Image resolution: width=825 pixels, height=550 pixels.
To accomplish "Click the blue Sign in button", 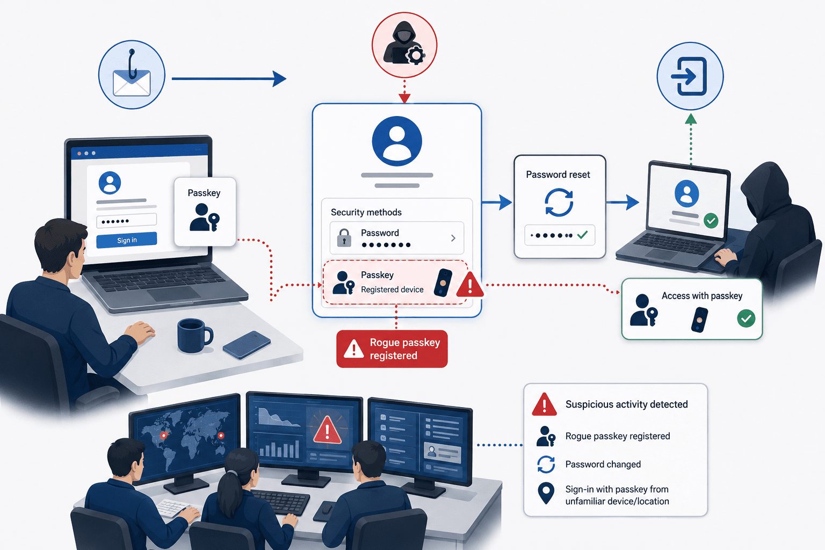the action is [x=127, y=240].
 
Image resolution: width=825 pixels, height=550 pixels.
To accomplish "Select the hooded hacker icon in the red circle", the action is [x=404, y=45].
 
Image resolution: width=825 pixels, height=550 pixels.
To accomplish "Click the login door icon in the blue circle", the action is [x=690, y=76].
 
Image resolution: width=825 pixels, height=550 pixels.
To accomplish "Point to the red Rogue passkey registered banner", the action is [x=392, y=349].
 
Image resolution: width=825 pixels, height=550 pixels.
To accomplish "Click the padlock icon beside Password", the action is [x=344, y=237].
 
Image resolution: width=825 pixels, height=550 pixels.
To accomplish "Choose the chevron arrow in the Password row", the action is [x=453, y=238].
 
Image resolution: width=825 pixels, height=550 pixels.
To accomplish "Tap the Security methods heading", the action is [x=366, y=212].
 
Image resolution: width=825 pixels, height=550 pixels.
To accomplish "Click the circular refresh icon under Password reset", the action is [x=559, y=202].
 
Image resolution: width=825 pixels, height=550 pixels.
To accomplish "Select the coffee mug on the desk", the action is [x=194, y=335].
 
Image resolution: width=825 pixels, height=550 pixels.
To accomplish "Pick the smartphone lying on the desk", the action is [x=247, y=345].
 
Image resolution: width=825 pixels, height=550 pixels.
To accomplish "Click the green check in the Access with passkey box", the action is [x=746, y=319].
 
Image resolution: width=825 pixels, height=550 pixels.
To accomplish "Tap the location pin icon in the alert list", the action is [x=546, y=493].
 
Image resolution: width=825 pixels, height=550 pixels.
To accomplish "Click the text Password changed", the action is [x=603, y=464].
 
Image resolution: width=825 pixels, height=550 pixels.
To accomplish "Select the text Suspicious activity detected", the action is [x=626, y=404].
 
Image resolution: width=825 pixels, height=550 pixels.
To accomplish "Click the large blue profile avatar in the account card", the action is [x=397, y=141].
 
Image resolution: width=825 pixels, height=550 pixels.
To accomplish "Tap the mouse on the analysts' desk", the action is [x=325, y=510].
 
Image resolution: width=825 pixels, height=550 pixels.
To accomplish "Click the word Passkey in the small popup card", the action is [x=204, y=193].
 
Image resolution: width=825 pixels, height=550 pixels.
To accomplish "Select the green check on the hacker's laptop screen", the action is [x=711, y=221].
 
